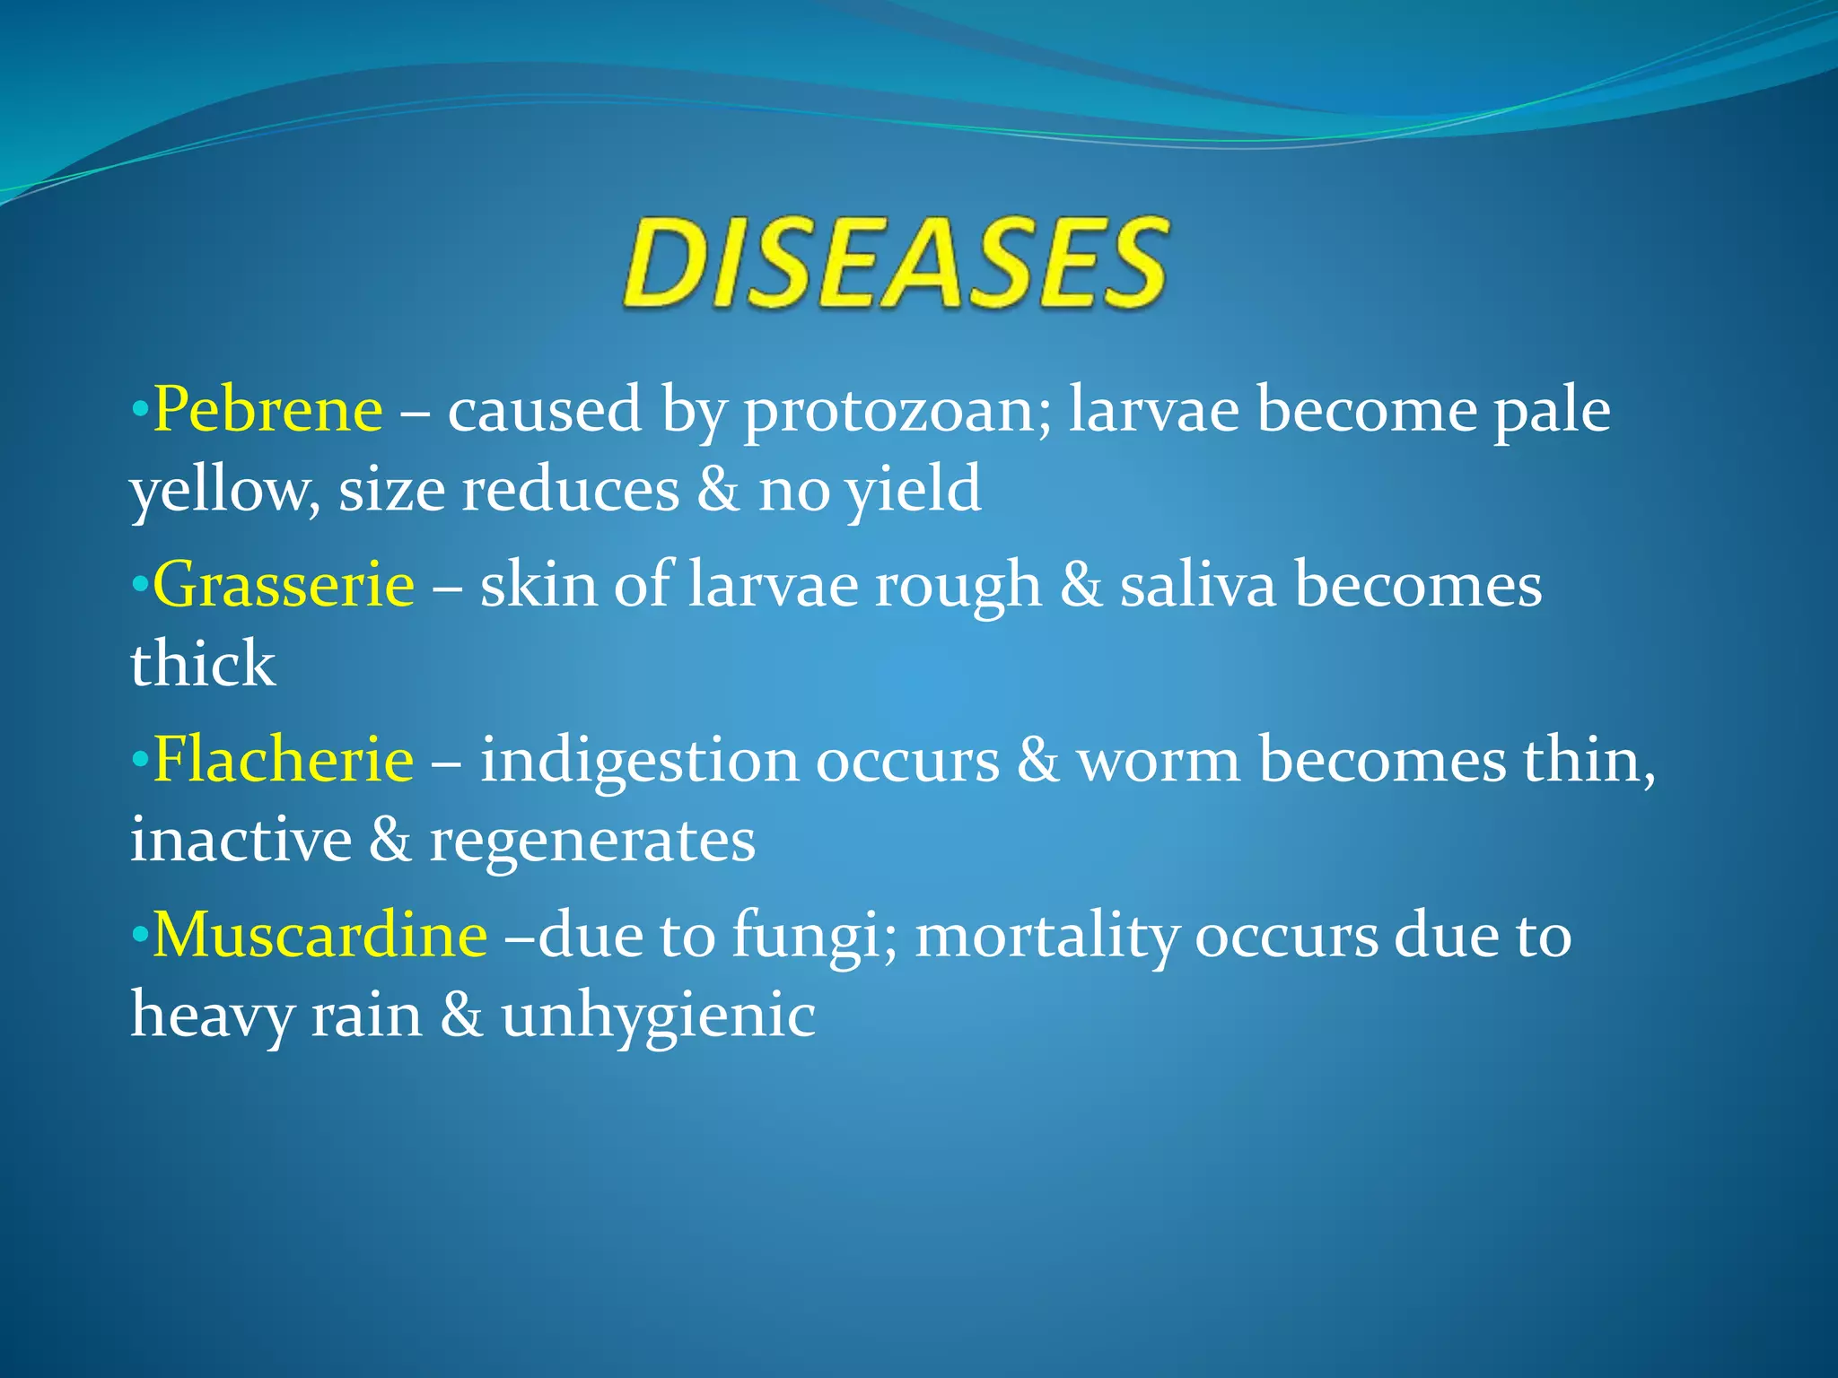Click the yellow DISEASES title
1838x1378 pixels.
(896, 265)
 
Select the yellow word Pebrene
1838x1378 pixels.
(267, 410)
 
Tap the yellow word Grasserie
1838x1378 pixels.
(284, 585)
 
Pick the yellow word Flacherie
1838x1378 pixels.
(284, 760)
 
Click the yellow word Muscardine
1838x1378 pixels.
(319, 935)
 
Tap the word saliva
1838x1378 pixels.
(1197, 585)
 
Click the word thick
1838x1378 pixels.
(203, 665)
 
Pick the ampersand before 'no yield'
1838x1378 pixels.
(718, 492)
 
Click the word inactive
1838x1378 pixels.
(241, 841)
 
